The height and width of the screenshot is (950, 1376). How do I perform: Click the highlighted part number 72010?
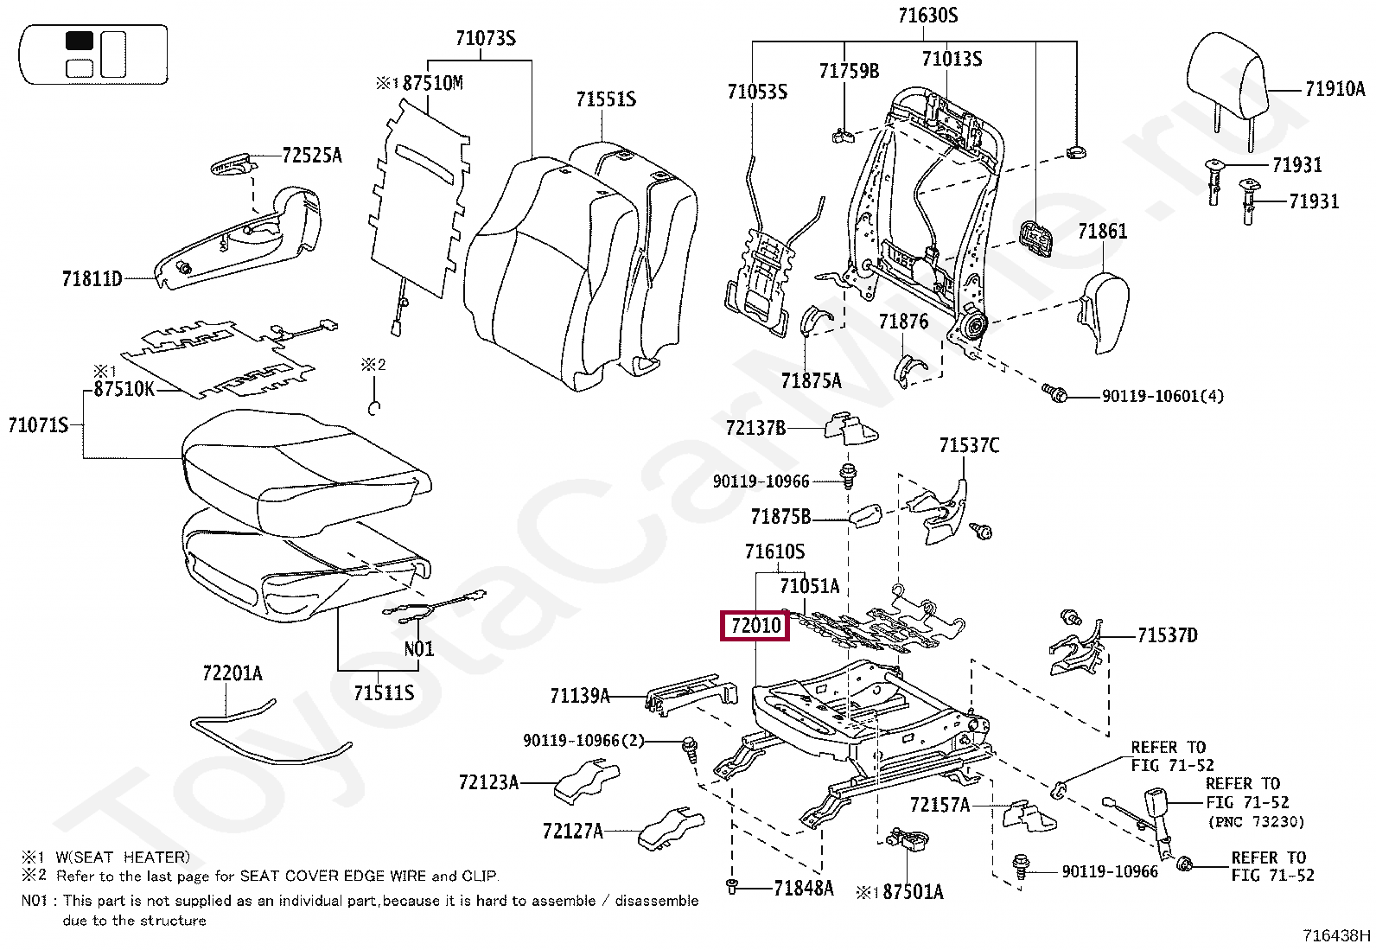coord(755,625)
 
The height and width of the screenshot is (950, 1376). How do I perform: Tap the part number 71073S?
coord(486,38)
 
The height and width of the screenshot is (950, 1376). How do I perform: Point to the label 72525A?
coord(312,156)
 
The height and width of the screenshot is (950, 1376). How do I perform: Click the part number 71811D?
coord(92,279)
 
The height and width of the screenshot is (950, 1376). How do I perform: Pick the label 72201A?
coord(232,673)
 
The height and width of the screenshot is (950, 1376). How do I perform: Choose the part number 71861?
coord(1102,232)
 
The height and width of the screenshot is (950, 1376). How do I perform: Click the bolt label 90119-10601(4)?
coord(1163,397)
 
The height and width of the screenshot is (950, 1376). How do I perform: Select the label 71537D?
coord(1167,636)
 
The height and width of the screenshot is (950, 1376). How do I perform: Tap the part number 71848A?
coord(803,888)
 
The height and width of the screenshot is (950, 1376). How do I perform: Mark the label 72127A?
coord(572,832)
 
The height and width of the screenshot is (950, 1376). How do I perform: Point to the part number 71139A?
coord(580,696)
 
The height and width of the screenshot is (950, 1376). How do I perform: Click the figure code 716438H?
coord(1336,935)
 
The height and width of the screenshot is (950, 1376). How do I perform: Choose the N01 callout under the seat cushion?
coord(419,649)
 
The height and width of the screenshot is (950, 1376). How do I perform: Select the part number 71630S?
coord(927,16)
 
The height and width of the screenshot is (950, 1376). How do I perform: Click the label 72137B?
coord(755,428)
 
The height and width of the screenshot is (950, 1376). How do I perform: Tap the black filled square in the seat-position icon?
coord(80,41)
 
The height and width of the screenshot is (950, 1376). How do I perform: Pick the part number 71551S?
coord(606,99)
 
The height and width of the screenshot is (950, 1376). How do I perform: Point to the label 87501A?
coord(913,892)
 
